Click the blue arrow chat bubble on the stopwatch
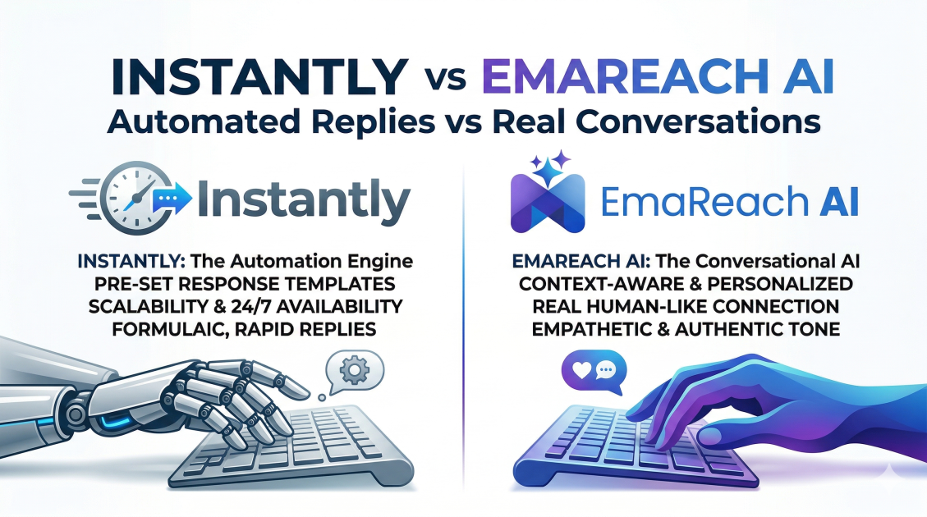tap(171, 198)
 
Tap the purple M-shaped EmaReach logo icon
tap(548, 202)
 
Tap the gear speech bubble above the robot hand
tap(354, 370)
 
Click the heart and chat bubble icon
tap(592, 369)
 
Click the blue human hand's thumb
tap(714, 436)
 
